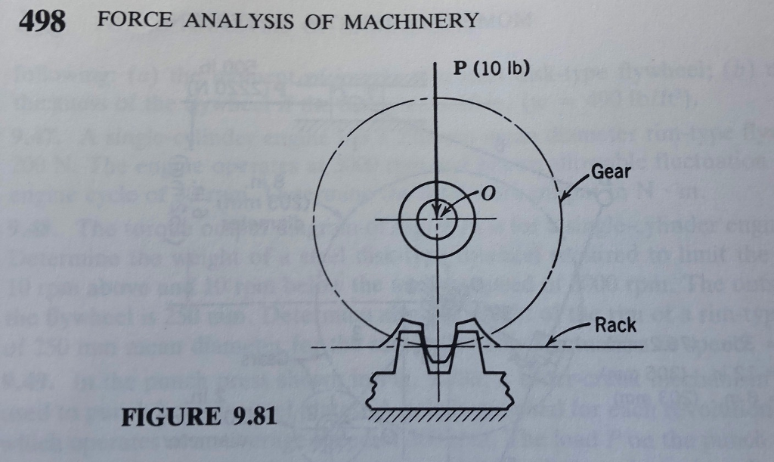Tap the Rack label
point(615,325)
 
